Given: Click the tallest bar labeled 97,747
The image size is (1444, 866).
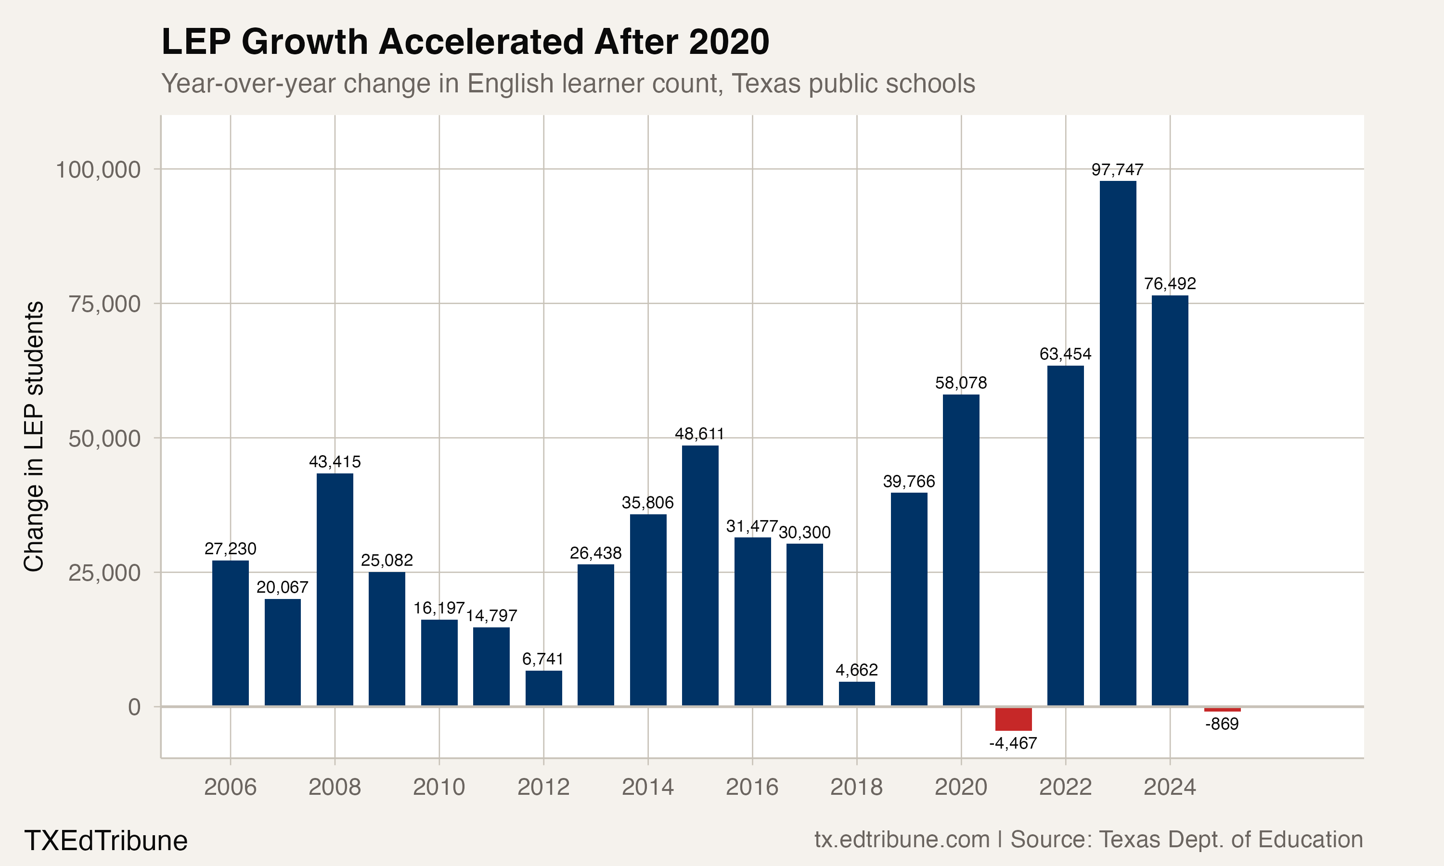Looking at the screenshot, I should (1118, 444).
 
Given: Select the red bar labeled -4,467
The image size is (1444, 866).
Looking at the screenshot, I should (1013, 718).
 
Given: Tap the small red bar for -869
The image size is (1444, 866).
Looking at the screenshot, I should (1222, 709).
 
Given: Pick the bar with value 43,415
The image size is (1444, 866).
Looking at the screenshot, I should (335, 589).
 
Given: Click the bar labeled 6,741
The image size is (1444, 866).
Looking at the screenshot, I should (543, 688).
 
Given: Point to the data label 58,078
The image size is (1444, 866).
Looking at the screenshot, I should (961, 383).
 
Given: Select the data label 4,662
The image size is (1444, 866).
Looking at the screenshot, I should (856, 669).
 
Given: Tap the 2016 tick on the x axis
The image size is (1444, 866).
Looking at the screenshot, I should (752, 787).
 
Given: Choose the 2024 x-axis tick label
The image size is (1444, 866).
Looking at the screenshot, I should (1170, 787).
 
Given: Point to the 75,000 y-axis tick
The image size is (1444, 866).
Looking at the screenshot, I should (104, 304).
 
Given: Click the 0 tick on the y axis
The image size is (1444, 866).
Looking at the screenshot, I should (134, 707).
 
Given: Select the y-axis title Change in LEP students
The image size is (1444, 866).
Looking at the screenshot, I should (34, 436).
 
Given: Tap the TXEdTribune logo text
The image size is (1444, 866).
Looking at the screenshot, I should (105, 841).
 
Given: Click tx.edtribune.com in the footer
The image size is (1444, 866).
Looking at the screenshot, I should (902, 839).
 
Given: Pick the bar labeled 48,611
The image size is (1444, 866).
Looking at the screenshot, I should (700, 575).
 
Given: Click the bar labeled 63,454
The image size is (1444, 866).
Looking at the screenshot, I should (1065, 535).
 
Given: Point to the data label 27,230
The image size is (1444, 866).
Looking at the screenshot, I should (230, 548).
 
